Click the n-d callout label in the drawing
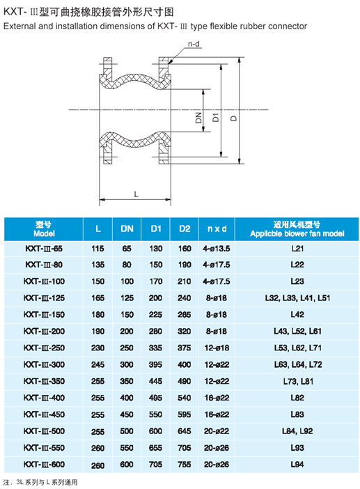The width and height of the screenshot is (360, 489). pyautogui.click(x=194, y=44)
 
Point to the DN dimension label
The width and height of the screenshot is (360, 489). pyautogui.click(x=198, y=118)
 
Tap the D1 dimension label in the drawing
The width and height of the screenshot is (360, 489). pyautogui.click(x=216, y=118)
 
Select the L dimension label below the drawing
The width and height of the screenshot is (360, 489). pyautogui.click(x=136, y=194)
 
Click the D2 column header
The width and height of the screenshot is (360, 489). pyautogui.click(x=185, y=229)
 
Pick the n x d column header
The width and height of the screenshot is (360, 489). pyautogui.click(x=217, y=229)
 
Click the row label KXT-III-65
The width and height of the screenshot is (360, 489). pyautogui.click(x=44, y=249)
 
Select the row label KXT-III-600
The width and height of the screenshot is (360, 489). pyautogui.click(x=44, y=465)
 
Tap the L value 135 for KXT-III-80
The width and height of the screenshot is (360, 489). pyautogui.click(x=97, y=265)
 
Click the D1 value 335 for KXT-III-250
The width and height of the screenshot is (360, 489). pyautogui.click(x=155, y=348)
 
